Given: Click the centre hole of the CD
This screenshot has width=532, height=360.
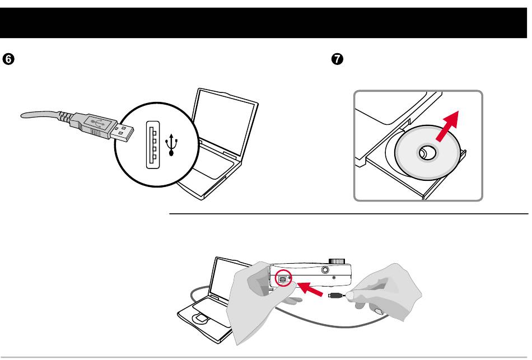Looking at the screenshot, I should (x=425, y=152).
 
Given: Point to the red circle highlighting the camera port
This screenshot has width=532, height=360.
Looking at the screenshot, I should (x=283, y=278).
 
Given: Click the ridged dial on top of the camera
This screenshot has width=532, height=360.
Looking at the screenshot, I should (x=336, y=260).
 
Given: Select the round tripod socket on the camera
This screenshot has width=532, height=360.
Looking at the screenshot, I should (x=325, y=270).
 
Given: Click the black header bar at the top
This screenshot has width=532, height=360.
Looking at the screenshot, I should (x=266, y=22).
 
